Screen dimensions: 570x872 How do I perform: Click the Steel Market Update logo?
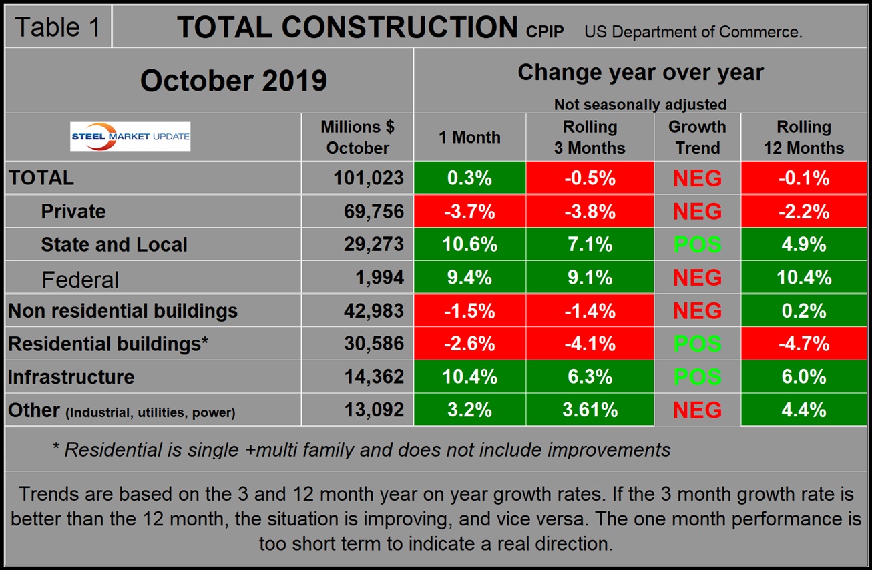click(130, 137)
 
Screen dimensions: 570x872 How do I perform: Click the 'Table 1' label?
click(57, 27)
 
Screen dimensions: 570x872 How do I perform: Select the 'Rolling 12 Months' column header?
click(804, 137)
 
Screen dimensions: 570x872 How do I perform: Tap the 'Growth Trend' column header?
click(697, 137)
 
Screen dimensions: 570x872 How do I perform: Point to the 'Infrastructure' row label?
click(71, 377)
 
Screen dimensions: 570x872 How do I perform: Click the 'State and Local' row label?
click(114, 244)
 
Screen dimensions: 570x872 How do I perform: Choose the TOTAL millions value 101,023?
click(369, 178)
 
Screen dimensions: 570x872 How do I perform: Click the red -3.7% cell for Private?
click(469, 212)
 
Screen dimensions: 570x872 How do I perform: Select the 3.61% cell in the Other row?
click(590, 410)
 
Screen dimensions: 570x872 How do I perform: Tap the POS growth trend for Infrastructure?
click(697, 377)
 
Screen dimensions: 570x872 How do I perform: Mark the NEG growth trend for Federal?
click(697, 278)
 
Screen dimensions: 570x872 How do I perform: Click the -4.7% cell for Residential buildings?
click(804, 344)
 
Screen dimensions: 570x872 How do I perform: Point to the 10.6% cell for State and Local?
click(469, 244)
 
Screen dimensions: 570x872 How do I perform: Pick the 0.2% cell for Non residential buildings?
click(804, 311)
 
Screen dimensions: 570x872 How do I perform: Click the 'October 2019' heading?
click(233, 81)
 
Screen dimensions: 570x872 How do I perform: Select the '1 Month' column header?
click(469, 137)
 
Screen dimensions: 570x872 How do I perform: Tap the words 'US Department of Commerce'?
click(693, 31)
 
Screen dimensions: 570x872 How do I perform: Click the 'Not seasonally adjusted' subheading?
click(640, 104)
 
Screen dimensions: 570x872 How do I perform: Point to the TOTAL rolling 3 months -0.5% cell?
click(590, 178)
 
